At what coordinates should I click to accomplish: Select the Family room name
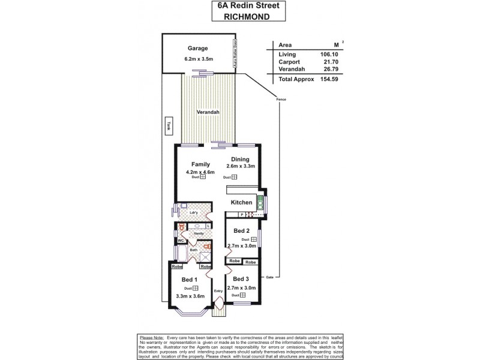(x=200, y=164)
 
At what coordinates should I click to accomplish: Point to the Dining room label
(x=239, y=159)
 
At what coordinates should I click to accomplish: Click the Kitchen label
(x=242, y=202)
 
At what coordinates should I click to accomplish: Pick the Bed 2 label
(x=241, y=231)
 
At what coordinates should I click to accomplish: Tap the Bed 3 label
(x=241, y=279)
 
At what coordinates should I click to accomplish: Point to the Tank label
(x=169, y=126)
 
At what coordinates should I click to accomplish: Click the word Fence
(x=281, y=98)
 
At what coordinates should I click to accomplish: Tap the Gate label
(x=269, y=277)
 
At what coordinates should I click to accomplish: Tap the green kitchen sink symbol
(x=260, y=203)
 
